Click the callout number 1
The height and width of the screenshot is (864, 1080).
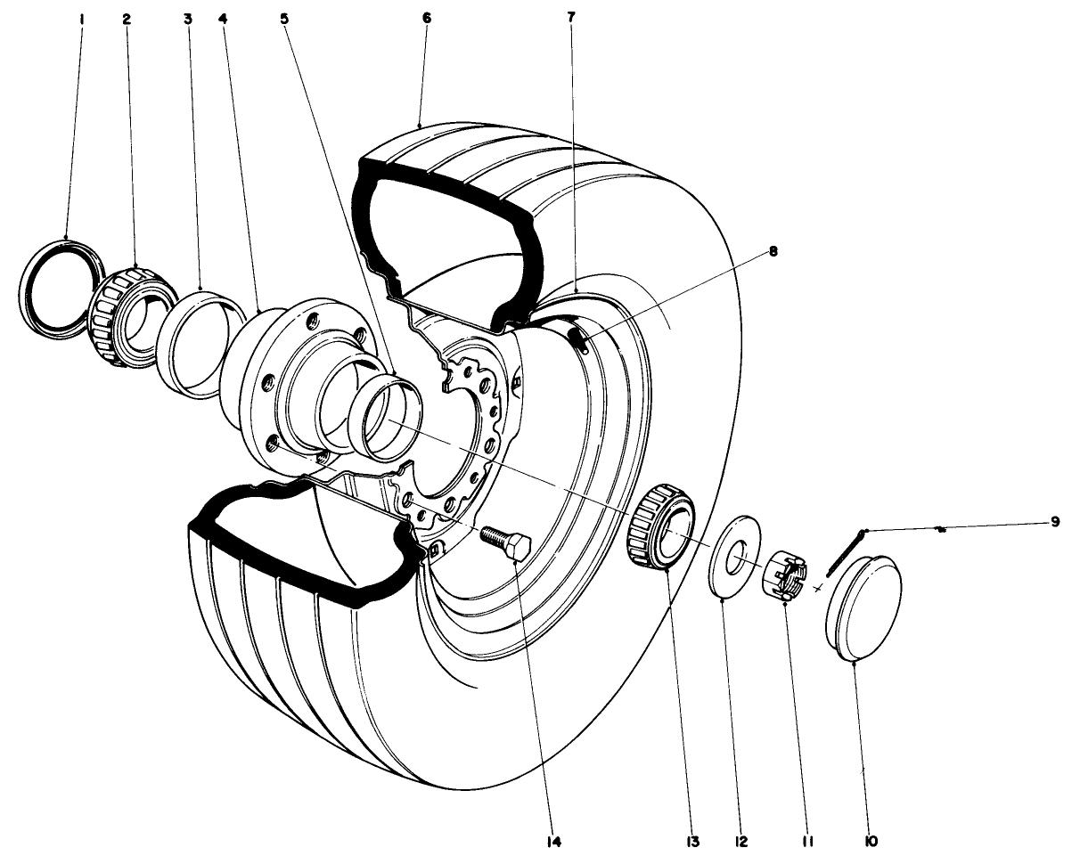pos(81,18)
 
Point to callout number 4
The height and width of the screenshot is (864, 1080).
pos(222,18)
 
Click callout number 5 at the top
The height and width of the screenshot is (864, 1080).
pos(283,18)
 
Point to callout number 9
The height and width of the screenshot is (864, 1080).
pos(1054,522)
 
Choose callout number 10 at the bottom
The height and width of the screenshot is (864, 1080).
pos(871,841)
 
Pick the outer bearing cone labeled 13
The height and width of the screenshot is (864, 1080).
pos(660,526)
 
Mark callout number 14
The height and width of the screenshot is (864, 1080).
pos(553,841)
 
